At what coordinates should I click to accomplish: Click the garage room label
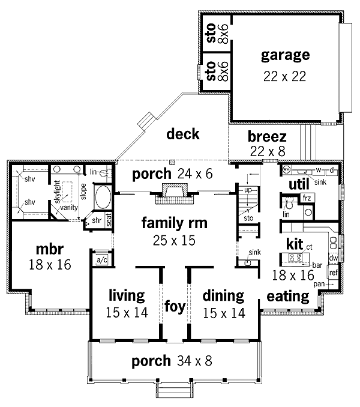[285, 56]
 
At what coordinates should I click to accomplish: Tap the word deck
[183, 134]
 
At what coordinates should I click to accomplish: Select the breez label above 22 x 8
[267, 137]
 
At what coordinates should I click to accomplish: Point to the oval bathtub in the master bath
[103, 199]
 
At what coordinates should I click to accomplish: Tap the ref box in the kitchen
[333, 273]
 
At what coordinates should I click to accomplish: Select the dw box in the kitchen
[334, 258]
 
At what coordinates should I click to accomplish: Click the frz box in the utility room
[306, 197]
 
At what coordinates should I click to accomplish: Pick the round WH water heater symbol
[286, 170]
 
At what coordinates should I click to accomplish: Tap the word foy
[175, 307]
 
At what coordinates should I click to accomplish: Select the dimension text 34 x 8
[195, 361]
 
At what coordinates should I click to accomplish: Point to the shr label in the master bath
[97, 221]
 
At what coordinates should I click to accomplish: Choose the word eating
[287, 296]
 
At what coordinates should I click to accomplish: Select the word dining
[223, 296]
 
